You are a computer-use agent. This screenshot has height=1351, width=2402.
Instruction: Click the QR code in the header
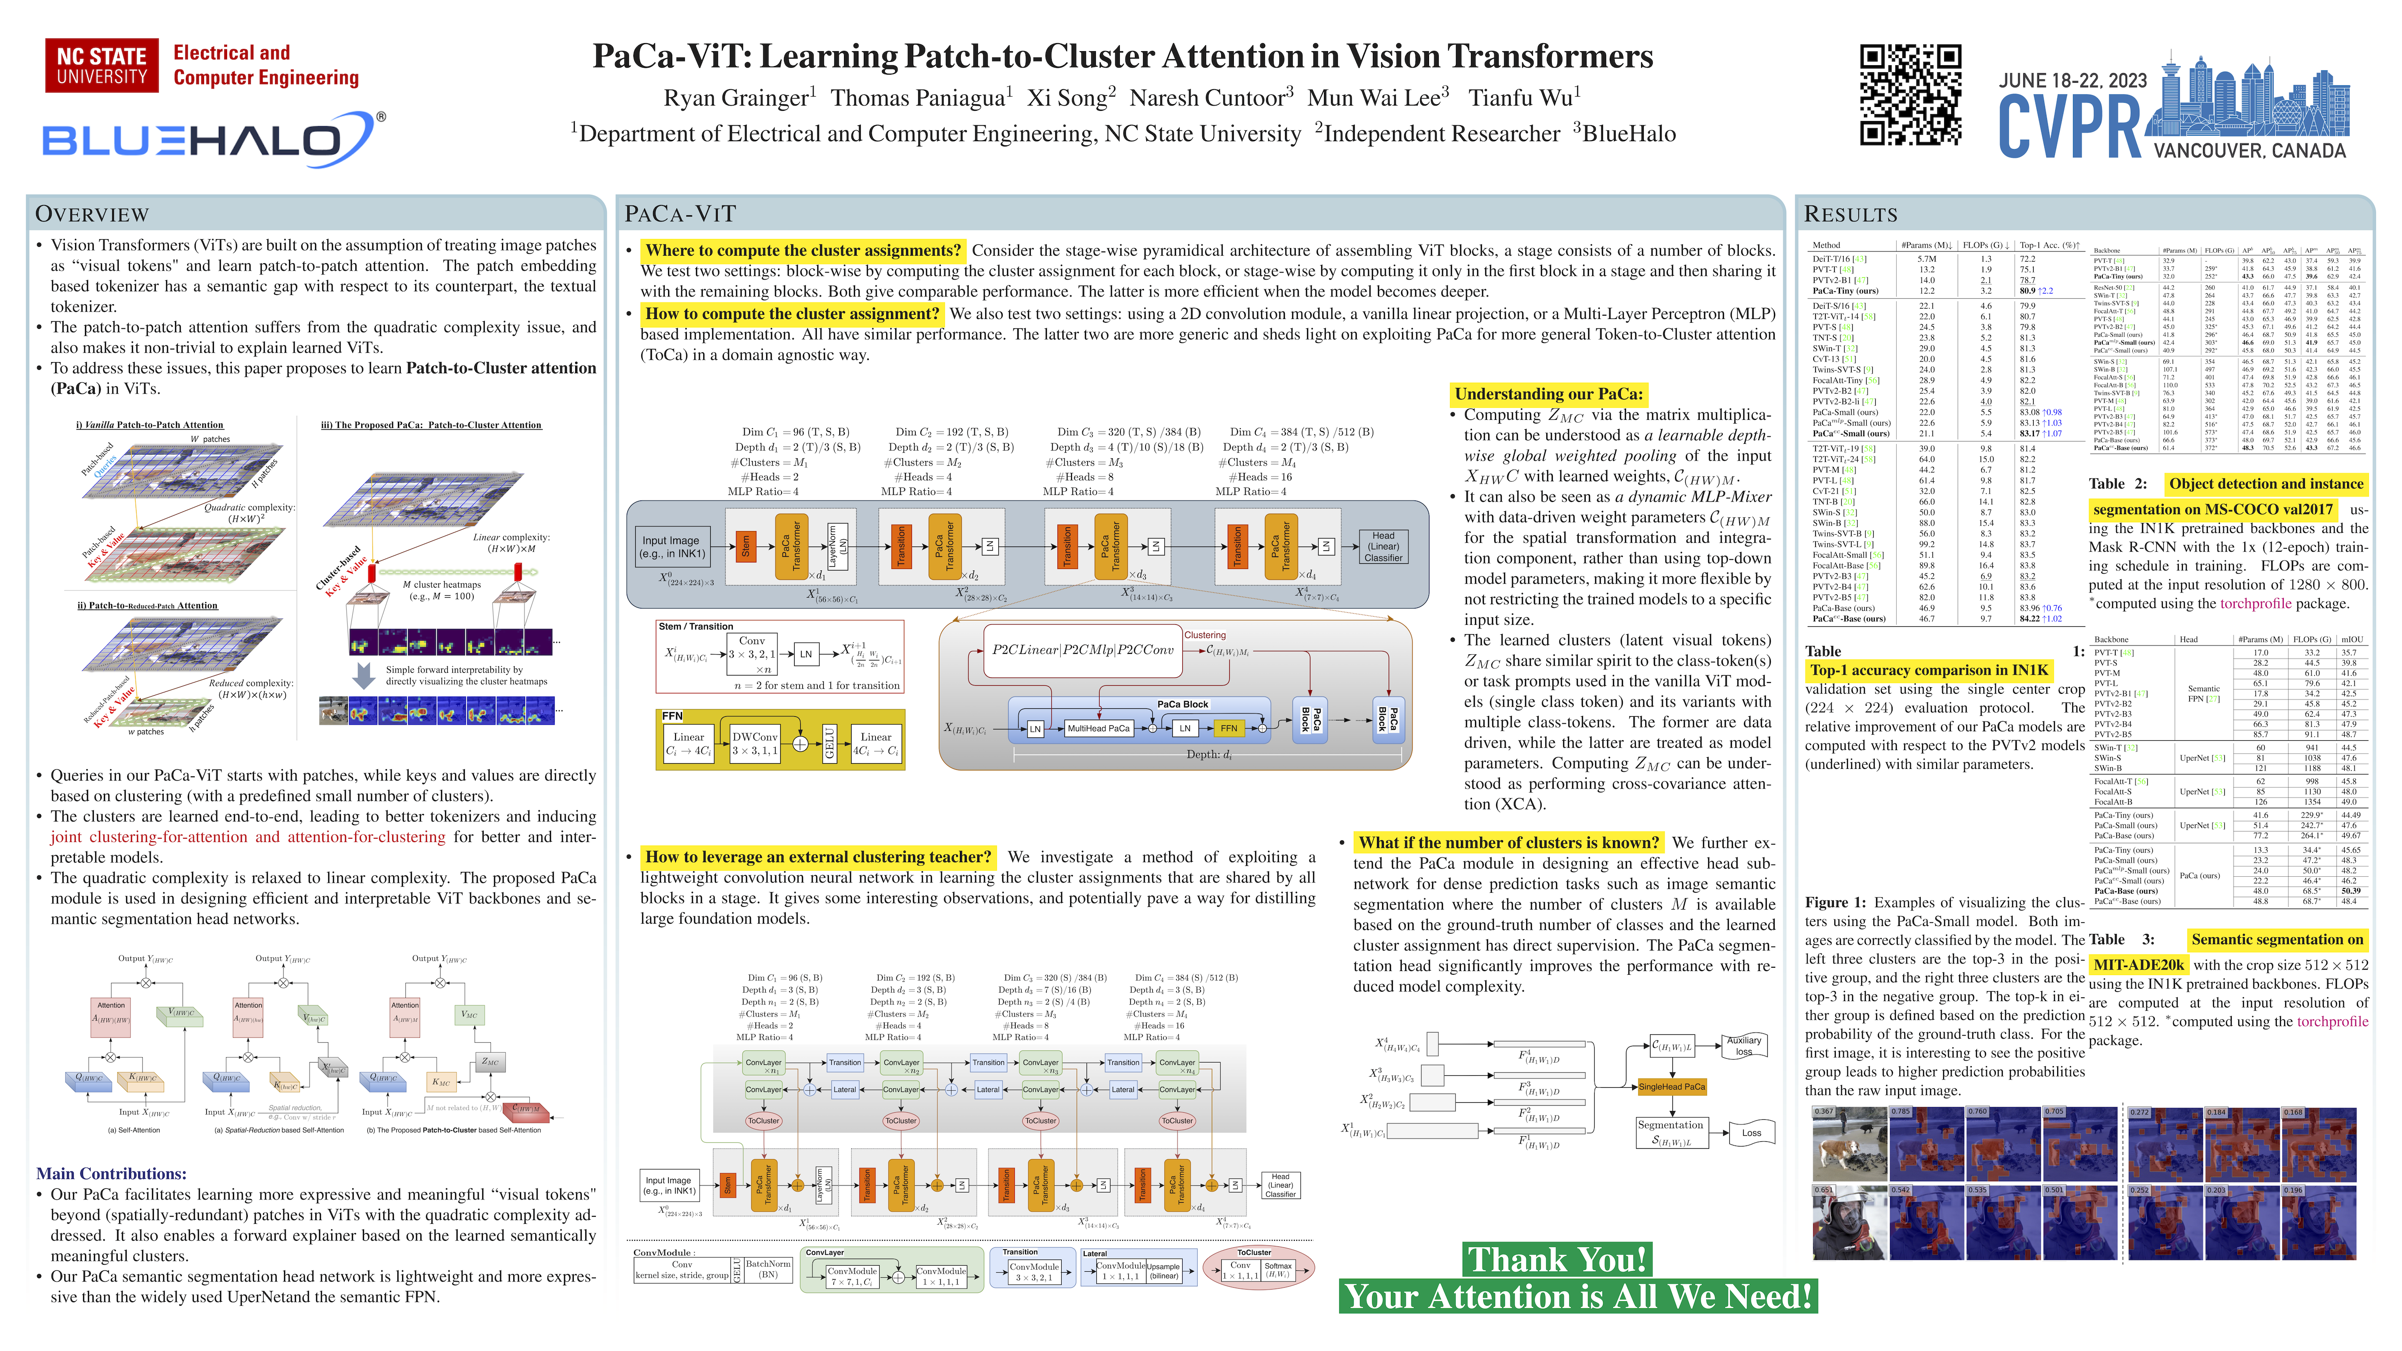pyautogui.click(x=1910, y=95)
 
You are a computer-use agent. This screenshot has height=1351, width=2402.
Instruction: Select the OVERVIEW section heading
pyautogui.click(x=91, y=214)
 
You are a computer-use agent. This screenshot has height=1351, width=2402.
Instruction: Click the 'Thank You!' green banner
pyautogui.click(x=1556, y=1260)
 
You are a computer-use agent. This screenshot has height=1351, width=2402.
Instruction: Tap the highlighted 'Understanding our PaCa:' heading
pyautogui.click(x=1548, y=394)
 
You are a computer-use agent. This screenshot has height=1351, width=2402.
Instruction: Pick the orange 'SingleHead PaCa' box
pyautogui.click(x=1672, y=1086)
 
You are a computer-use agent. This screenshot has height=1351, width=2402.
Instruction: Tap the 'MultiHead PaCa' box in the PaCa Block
pyautogui.click(x=1098, y=728)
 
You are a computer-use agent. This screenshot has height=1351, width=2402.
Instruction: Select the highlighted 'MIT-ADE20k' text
pyautogui.click(x=2139, y=965)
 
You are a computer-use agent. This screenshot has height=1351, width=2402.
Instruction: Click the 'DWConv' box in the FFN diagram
pyautogui.click(x=754, y=743)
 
